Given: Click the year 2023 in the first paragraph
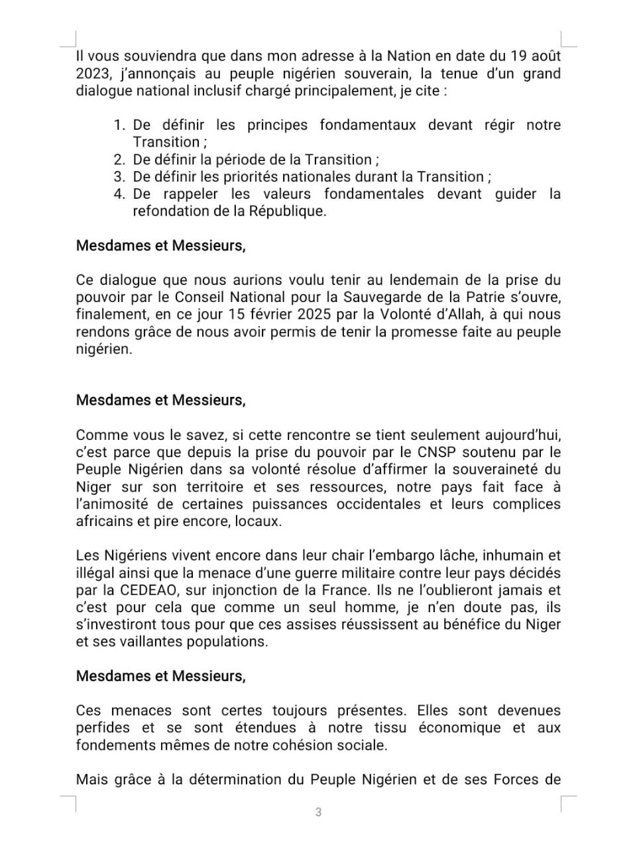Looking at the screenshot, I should [x=93, y=74].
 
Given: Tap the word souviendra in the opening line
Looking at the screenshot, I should [x=135, y=56].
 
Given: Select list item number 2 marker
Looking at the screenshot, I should [x=119, y=160].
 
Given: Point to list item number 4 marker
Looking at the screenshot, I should [x=119, y=194].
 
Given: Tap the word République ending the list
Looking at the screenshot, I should [x=287, y=211].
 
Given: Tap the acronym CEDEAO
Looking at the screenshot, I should [x=148, y=590].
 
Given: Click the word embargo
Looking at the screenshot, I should [x=389, y=556].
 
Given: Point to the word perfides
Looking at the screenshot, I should [x=103, y=728].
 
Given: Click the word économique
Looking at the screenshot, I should [x=459, y=728].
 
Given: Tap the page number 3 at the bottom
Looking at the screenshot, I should [x=318, y=812].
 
